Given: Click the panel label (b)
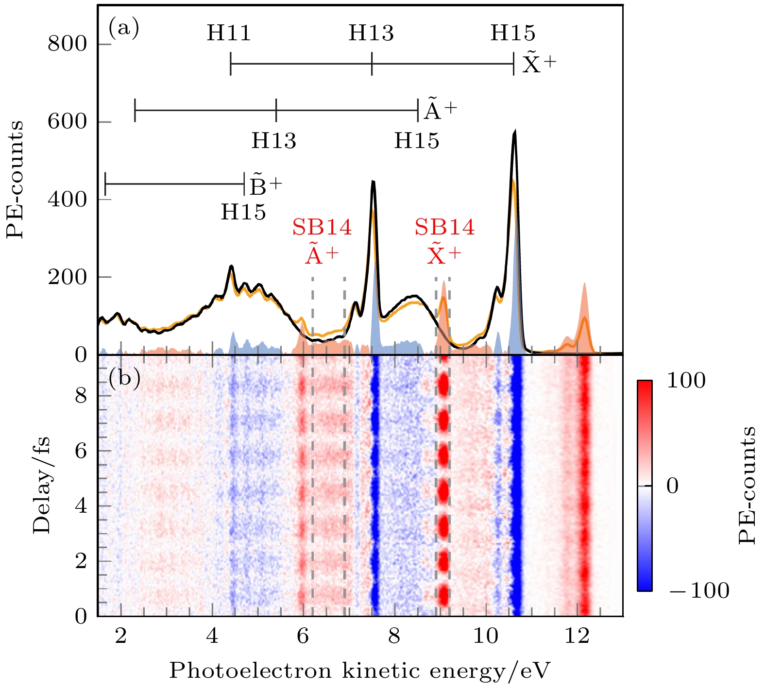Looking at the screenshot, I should point(124,377).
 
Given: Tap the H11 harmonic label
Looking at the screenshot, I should point(229,34).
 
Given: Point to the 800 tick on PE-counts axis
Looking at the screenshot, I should point(67,44).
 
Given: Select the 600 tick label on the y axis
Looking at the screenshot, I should point(67,121).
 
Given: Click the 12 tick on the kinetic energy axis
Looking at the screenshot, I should point(577,636).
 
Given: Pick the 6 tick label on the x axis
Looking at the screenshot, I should point(303,636).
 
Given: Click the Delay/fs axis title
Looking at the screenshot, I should point(42,486).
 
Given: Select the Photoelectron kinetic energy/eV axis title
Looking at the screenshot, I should point(360,671).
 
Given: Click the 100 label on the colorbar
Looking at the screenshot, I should point(686,381).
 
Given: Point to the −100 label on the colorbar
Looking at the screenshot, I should point(698,591).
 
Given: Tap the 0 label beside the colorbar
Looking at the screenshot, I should point(672,486).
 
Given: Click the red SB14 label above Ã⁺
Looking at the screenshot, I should point(322,227).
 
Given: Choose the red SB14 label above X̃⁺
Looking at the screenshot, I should point(444,227).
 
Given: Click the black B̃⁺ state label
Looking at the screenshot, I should point(265,185).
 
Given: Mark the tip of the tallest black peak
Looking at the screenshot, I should point(514,131).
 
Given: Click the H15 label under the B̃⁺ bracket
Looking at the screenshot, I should point(243,212).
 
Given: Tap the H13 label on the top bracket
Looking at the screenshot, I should point(371,34).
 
